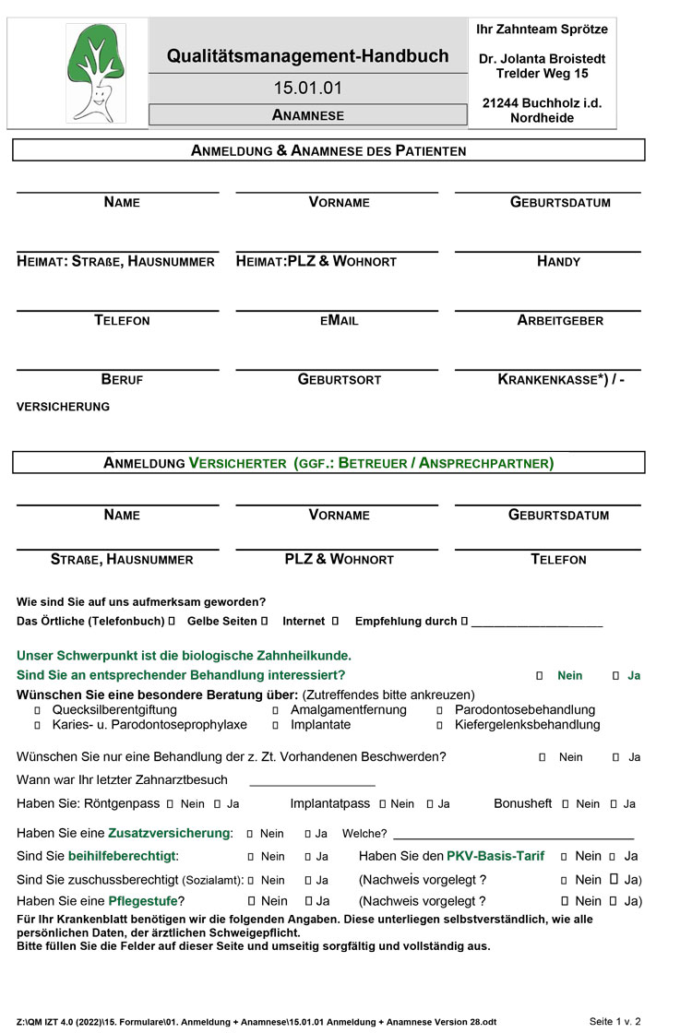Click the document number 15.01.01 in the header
click(x=307, y=89)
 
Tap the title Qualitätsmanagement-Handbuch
click(x=307, y=56)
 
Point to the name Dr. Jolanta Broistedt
click(x=543, y=59)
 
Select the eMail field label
click(x=339, y=321)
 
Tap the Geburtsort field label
click(x=339, y=380)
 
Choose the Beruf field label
click(x=122, y=380)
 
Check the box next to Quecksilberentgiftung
click(x=38, y=711)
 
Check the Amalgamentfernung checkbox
click(x=276, y=711)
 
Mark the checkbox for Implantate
click(x=276, y=726)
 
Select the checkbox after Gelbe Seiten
click(x=265, y=622)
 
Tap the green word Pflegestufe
click(x=147, y=901)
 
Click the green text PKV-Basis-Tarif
click(x=495, y=856)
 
